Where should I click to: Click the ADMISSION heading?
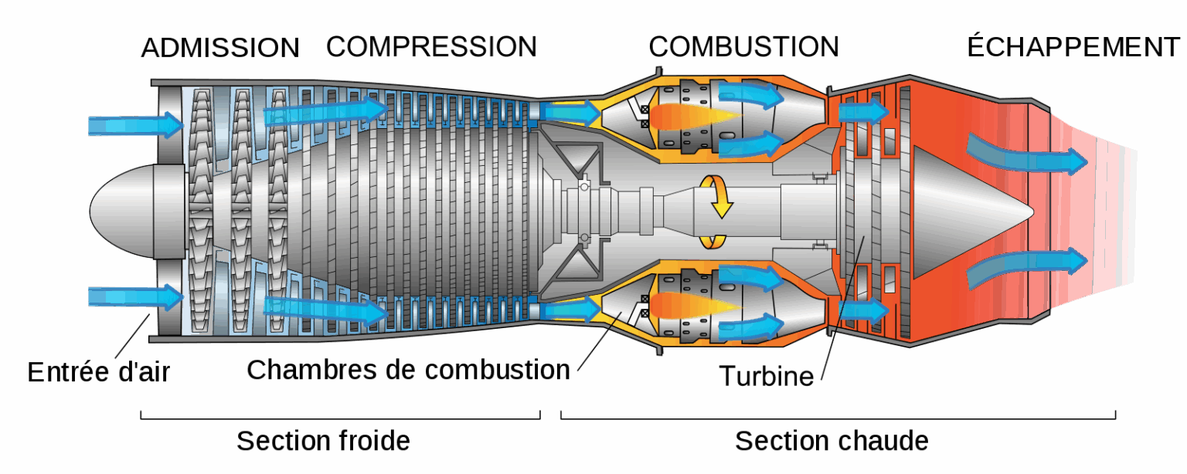pos(220,47)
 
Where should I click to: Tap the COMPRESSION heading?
pos(431,47)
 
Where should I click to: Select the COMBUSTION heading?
pos(743,47)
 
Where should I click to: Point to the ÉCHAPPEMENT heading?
pos(1074,47)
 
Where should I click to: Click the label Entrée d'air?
pos(98,372)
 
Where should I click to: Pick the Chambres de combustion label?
pos(408,370)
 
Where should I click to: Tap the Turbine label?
pos(766,376)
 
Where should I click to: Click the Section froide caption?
pos(323,441)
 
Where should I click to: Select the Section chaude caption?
pos(832,441)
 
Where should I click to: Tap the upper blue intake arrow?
pos(135,124)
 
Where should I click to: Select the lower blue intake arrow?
pos(135,296)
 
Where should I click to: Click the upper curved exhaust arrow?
pos(1028,154)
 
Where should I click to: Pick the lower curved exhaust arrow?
pos(1028,266)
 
